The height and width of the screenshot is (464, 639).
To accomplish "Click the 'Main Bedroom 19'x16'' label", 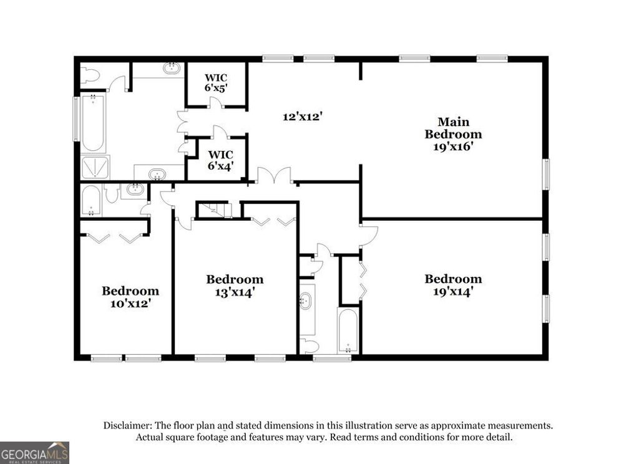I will tap(453, 134).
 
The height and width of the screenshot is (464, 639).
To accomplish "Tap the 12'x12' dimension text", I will tap(302, 116).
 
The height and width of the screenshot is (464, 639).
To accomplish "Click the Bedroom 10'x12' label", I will tap(130, 297).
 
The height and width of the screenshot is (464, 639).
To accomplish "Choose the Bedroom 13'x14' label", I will tap(235, 285).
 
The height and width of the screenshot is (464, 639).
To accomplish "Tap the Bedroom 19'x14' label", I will tap(453, 285).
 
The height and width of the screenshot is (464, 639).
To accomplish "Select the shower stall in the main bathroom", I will tap(95, 167).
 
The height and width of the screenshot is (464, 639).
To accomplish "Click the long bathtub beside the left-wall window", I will tap(92, 123).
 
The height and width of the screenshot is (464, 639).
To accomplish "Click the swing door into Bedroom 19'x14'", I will tap(369, 234).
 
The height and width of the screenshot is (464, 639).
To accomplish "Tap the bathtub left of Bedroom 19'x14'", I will tap(348, 330).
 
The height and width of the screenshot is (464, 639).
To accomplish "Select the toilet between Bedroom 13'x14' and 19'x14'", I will tap(309, 346).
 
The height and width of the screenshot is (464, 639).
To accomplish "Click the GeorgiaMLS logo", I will tap(34, 452).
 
